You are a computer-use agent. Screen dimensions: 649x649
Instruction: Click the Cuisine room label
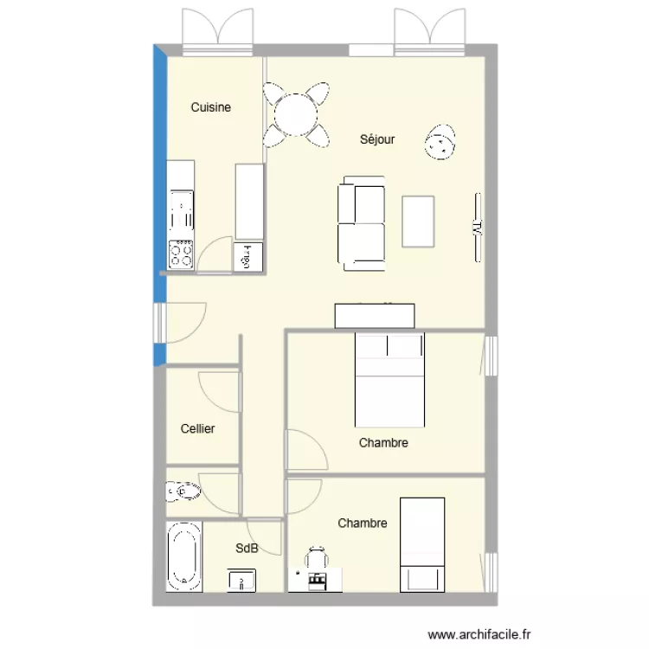(x=210, y=107)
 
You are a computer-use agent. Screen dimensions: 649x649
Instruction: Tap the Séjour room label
(x=377, y=138)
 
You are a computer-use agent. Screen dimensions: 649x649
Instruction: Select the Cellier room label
(x=197, y=428)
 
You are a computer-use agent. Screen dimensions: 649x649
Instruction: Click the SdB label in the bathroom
(x=246, y=547)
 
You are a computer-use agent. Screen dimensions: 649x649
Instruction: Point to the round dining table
(x=296, y=113)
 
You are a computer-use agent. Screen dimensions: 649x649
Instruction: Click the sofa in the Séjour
(x=361, y=222)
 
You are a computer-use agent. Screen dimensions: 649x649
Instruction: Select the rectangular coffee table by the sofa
(x=419, y=222)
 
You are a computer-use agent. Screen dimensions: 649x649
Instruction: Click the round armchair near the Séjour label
(x=440, y=142)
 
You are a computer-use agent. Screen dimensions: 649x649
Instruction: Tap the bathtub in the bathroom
(x=183, y=556)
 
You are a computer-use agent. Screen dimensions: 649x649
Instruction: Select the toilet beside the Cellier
(x=182, y=492)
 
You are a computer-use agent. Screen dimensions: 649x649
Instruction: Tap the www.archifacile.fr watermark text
(x=482, y=634)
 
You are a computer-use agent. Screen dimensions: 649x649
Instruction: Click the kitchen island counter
(x=248, y=202)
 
